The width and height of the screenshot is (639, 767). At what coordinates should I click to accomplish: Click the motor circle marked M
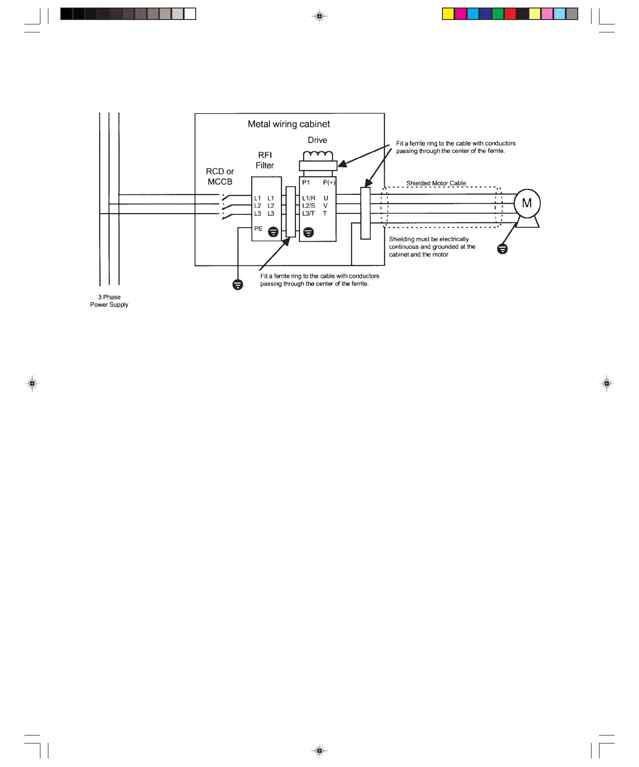pos(527,203)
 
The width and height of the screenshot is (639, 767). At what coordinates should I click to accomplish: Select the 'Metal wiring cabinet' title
pos(289,124)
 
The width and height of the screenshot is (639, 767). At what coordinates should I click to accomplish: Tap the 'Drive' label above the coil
pos(317,140)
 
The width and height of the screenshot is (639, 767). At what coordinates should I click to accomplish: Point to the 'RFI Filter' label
pos(265,160)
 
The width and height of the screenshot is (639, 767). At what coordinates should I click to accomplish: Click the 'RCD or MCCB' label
pos(220,177)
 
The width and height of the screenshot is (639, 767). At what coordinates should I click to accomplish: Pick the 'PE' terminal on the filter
pos(258,229)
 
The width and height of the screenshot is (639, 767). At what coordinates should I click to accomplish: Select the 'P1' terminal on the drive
pos(306,182)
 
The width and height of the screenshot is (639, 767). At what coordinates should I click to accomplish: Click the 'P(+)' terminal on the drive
pos(329,182)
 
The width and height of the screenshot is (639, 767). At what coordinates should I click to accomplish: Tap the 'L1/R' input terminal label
pos(309,198)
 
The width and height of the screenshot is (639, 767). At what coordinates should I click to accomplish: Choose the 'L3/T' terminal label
pos(308,213)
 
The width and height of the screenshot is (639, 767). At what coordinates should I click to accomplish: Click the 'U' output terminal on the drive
pos(326,198)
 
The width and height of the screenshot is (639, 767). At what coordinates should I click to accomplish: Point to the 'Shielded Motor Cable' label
pos(436,183)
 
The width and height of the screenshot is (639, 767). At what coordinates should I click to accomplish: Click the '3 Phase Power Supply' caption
pos(109,301)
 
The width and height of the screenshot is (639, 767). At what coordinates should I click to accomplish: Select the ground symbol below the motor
pos(502,249)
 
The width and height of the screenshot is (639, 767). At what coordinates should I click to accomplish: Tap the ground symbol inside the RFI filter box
pos(273,232)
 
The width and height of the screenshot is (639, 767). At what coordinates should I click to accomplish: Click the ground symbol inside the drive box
pos(309,232)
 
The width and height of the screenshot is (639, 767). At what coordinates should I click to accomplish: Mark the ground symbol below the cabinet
pos(238,285)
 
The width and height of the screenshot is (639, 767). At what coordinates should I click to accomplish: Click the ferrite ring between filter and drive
pos(291,212)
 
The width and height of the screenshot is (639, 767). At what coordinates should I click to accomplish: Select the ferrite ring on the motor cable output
pos(365,213)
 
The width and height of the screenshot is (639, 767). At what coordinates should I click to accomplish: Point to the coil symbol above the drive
pos(318,156)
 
